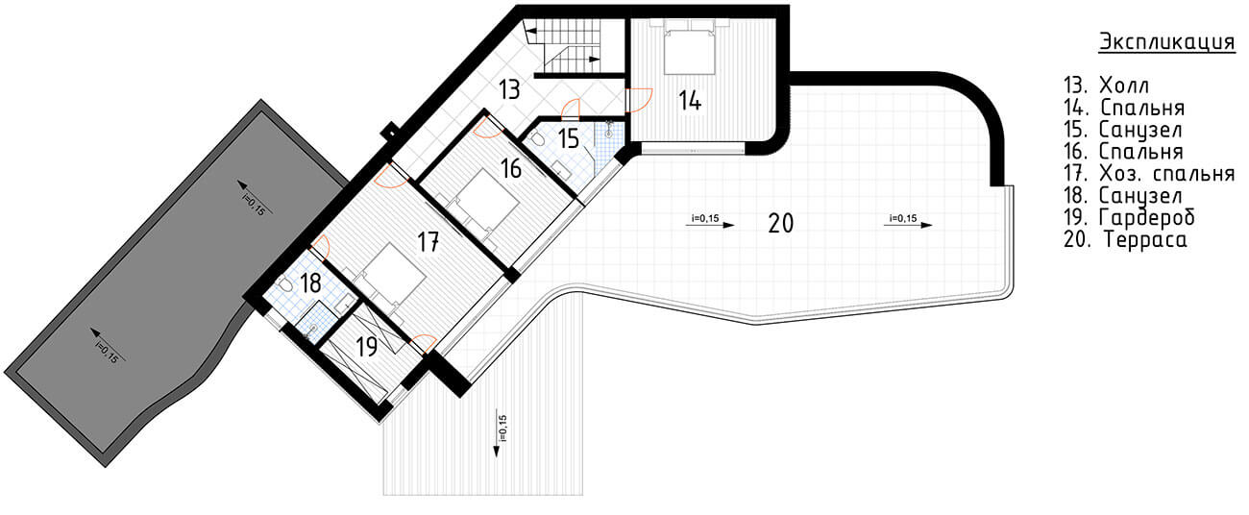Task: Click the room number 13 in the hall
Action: pyautogui.click(x=509, y=89)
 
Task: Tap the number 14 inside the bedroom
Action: pyautogui.click(x=690, y=100)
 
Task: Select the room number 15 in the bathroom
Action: pyautogui.click(x=569, y=138)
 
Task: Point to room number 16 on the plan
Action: pyautogui.click(x=511, y=168)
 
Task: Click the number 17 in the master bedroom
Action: pyautogui.click(x=429, y=242)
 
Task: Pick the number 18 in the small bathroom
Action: pyautogui.click(x=310, y=283)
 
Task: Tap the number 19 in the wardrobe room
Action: pyautogui.click(x=366, y=347)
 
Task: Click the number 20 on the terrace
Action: pyautogui.click(x=780, y=223)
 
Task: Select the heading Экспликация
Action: pyautogui.click(x=1166, y=42)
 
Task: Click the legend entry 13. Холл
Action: pyautogui.click(x=1106, y=86)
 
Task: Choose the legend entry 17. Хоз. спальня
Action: pyautogui.click(x=1149, y=173)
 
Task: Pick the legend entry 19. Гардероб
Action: pyautogui.click(x=1129, y=217)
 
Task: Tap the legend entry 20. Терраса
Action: pyautogui.click(x=1125, y=239)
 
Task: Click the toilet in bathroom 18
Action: pyautogui.click(x=285, y=284)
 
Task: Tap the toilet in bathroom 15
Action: pyautogui.click(x=538, y=138)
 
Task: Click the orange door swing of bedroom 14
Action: pyautogui.click(x=640, y=100)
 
